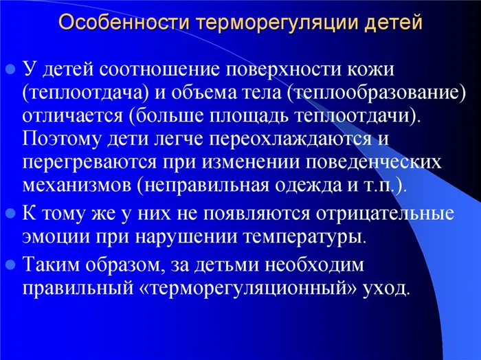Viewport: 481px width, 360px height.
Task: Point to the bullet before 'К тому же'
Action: pyautogui.click(x=10, y=212)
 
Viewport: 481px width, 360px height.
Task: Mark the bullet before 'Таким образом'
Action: pyautogui.click(x=10, y=264)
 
